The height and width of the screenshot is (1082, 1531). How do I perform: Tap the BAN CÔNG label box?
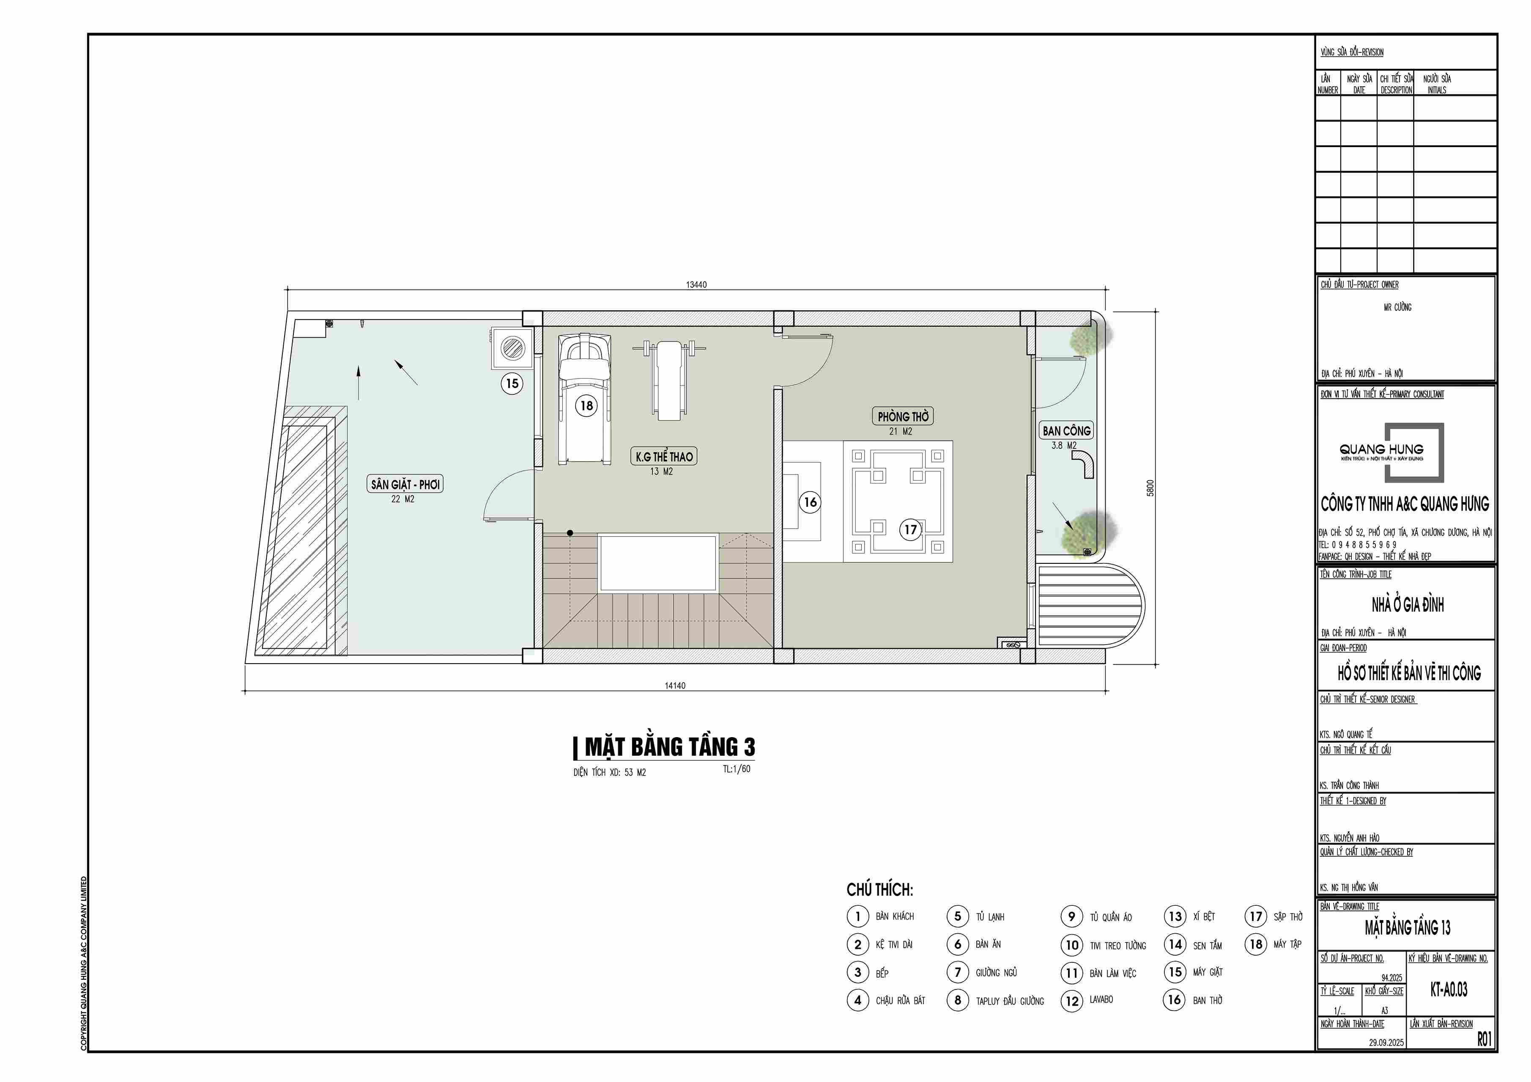1066,431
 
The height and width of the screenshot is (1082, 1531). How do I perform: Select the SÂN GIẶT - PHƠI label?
405,484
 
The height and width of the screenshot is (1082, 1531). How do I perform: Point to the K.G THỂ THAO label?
664,456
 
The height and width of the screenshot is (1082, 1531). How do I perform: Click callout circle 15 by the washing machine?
512,383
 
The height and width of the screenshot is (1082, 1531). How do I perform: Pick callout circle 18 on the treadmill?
586,405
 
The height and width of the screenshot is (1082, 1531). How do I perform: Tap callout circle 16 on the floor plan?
810,502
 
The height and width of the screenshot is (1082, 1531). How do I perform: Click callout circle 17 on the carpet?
911,529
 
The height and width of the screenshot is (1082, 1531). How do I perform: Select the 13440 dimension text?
696,285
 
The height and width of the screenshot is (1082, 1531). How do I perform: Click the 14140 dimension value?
675,685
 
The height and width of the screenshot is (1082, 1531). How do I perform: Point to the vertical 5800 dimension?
1150,488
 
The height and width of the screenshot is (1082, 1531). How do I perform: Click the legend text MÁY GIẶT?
1208,972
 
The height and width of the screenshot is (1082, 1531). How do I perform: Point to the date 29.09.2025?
1386,1042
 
